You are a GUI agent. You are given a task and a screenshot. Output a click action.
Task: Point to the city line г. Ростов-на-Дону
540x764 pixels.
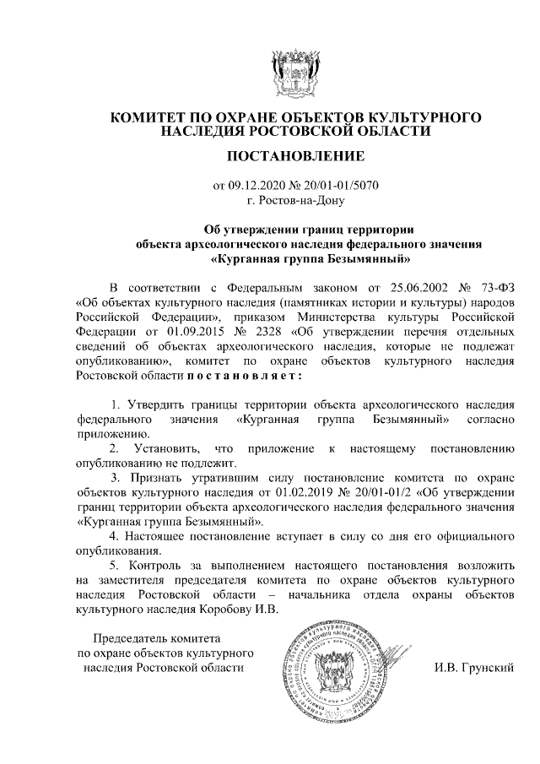295,200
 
